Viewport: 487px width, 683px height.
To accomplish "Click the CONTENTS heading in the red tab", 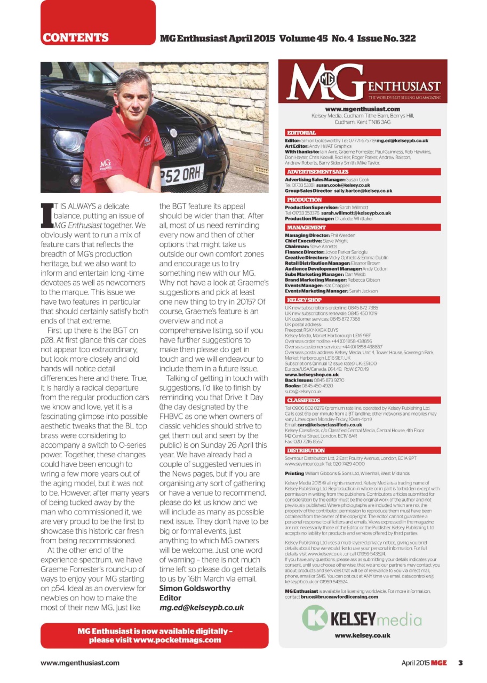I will [76, 38].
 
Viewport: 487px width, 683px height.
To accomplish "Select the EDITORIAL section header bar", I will [302, 132].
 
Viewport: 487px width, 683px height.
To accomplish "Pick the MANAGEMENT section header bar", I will [307, 227].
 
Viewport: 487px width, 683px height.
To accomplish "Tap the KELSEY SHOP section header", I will [305, 300].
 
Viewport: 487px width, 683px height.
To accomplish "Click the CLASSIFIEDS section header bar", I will [304, 400].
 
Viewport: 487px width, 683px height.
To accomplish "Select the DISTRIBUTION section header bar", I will [306, 450].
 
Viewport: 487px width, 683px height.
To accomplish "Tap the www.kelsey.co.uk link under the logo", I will [362, 636].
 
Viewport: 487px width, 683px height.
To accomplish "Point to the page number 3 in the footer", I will [459, 663].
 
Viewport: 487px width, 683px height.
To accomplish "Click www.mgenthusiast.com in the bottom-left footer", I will [80, 663].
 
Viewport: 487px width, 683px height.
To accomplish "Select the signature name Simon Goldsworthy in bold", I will [195, 588].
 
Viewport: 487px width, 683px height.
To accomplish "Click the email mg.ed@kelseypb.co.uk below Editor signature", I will [202, 607].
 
